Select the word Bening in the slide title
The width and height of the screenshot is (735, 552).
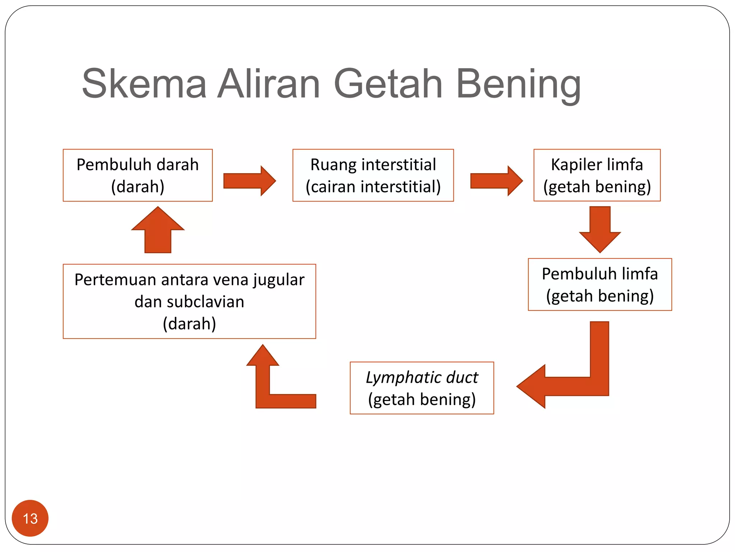point(518,85)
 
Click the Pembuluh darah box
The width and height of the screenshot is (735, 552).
point(137,175)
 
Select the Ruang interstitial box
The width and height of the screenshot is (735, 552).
point(373,175)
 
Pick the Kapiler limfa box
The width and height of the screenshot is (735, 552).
point(597,175)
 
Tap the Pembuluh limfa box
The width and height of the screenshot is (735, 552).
point(600,284)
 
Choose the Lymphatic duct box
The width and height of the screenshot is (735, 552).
point(422,388)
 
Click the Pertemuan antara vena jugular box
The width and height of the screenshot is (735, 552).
point(189,301)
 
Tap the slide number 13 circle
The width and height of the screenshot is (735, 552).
point(30,518)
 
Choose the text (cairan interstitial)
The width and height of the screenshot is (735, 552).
point(373,187)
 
